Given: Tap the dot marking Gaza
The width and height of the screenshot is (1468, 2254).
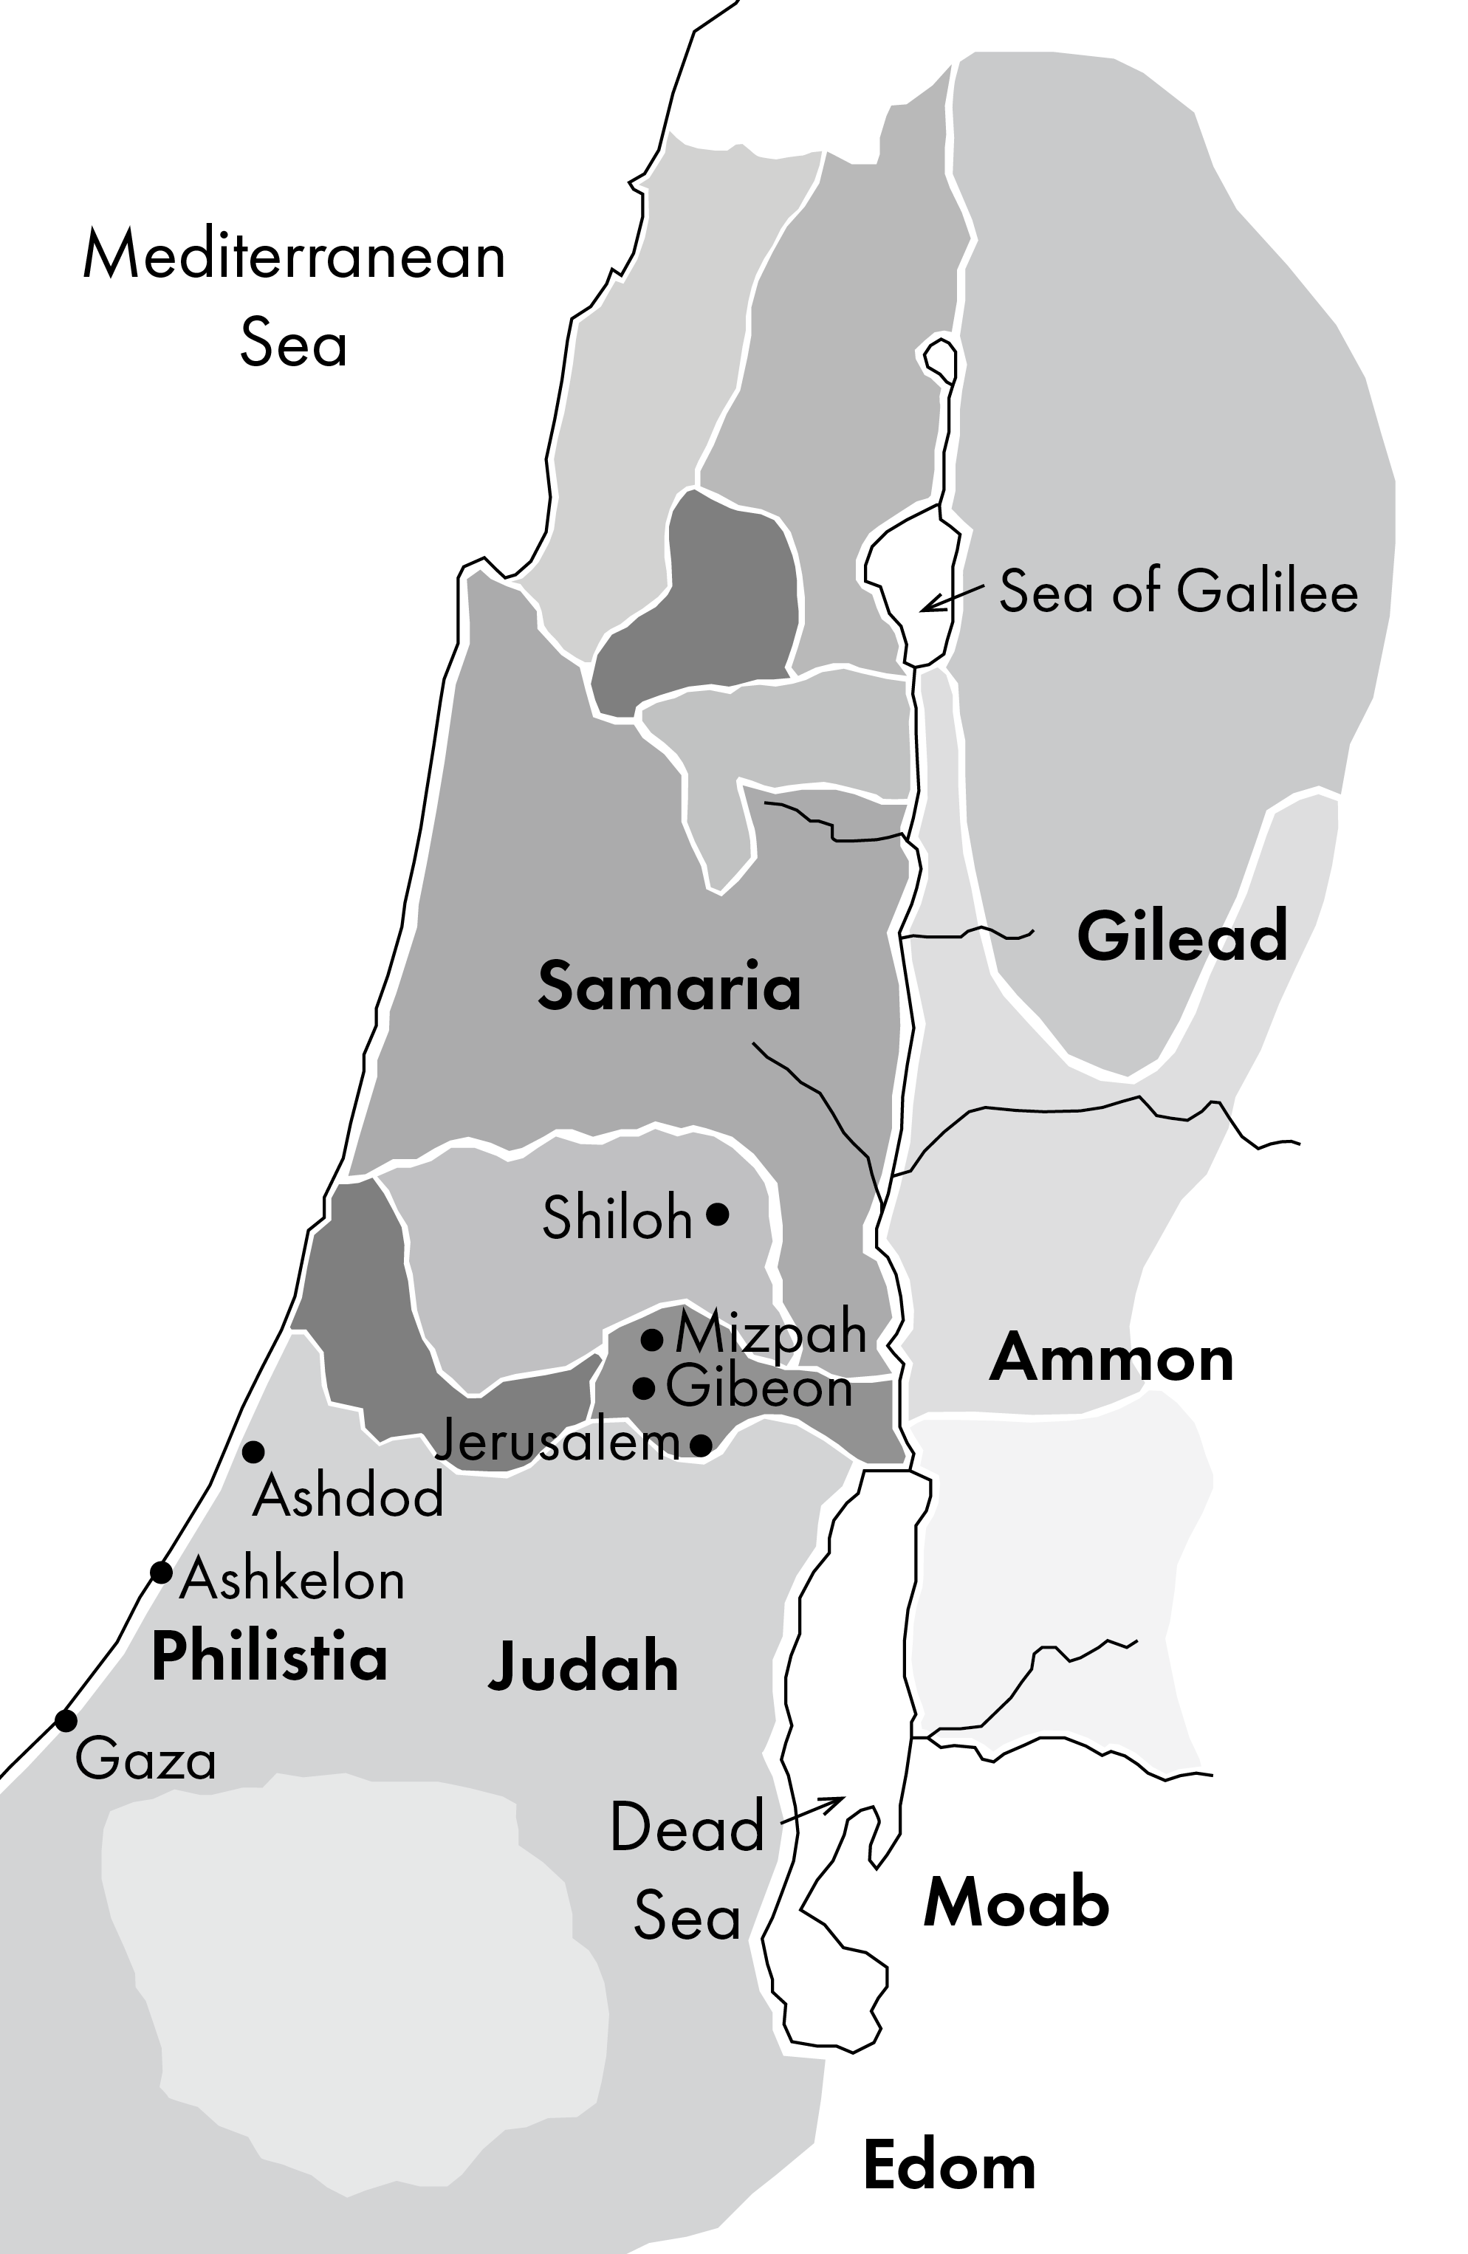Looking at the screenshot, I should pos(65,1721).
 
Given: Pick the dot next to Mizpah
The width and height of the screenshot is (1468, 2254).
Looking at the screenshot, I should pos(651,1339).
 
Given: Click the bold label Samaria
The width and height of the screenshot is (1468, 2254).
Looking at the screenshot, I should pos(669,986).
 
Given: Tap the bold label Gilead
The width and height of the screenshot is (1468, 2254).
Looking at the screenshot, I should pos(1182,935).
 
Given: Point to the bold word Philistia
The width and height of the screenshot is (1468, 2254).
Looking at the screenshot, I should pos(270,1657).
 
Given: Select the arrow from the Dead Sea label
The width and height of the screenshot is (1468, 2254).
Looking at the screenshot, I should pos(812,1809).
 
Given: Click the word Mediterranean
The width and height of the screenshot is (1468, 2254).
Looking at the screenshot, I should pos(295,255).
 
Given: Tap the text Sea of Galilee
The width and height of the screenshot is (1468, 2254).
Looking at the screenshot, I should pos(1179,592).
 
